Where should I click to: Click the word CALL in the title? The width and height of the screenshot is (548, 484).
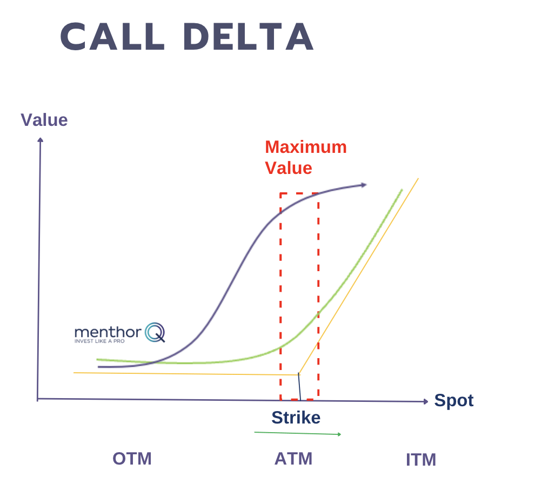[x=113, y=38]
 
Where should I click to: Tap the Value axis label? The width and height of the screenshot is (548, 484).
[x=44, y=119]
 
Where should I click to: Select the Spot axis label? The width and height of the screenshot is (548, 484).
[x=454, y=400]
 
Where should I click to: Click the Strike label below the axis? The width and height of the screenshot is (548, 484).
[x=296, y=418]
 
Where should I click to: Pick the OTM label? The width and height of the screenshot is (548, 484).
[x=132, y=459]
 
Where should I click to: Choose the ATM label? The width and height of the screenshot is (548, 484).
[x=293, y=459]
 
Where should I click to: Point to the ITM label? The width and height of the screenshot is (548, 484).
[x=420, y=460]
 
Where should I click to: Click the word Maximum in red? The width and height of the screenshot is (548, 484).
[x=305, y=147]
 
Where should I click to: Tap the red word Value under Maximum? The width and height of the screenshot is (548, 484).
[x=288, y=168]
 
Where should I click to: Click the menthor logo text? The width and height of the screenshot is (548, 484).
[x=108, y=332]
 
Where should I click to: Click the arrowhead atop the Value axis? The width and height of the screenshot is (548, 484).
[x=40, y=140]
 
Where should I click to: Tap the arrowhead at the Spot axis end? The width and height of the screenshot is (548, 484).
[x=425, y=401]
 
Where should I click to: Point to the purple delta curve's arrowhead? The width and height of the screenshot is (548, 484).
[x=364, y=185]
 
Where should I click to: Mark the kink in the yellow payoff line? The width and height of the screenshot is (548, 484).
[x=298, y=374]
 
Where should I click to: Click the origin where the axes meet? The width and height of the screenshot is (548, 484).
[x=38, y=399]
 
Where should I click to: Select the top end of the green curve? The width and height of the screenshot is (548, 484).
[x=402, y=190]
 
